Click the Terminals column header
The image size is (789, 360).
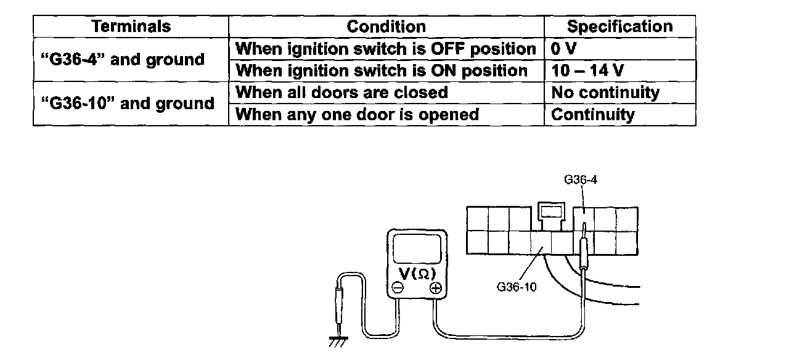131,27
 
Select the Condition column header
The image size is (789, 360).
386,27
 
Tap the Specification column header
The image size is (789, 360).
619,27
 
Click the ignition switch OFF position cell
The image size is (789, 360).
386,49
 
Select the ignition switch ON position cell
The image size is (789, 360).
382,71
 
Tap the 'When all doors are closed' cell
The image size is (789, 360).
342,92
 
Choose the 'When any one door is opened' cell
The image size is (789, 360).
358,115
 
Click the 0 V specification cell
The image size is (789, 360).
563,49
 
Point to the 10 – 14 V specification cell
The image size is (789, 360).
587,71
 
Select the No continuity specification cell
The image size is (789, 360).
605,92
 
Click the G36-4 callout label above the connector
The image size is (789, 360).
581,180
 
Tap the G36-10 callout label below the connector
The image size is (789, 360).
516,286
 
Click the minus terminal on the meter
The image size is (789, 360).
398,288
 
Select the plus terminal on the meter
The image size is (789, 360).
436,288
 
